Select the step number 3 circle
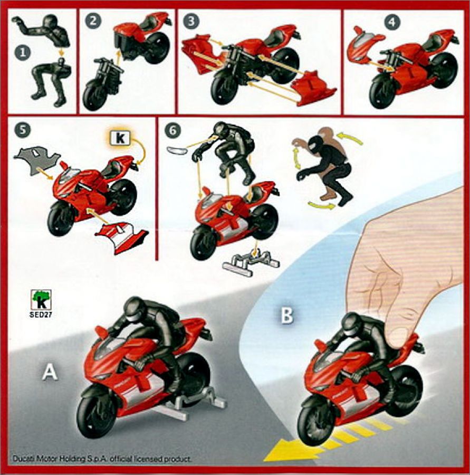tap(191, 21)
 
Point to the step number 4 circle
tap(392, 22)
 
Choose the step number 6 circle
tap(173, 130)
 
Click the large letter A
tap(50, 372)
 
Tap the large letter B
tap(287, 315)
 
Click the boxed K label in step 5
tap(120, 138)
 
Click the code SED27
tap(41, 315)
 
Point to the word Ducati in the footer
tap(23, 459)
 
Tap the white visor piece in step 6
tap(177, 150)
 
